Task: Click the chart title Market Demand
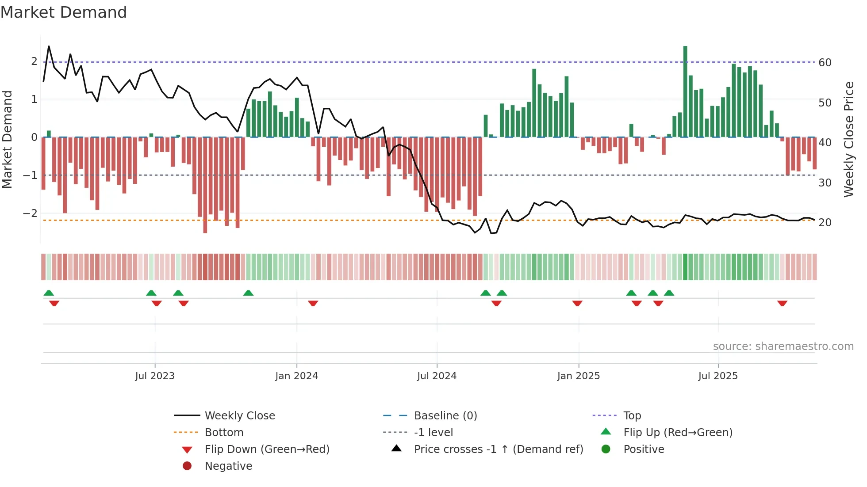[64, 12]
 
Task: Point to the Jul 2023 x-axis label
[155, 376]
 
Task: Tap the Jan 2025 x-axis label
[578, 376]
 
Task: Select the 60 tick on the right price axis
[825, 63]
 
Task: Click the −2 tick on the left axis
[31, 213]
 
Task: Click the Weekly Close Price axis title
[848, 139]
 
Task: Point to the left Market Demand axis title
[8, 139]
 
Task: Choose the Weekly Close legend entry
[239, 416]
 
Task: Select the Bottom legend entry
[224, 433]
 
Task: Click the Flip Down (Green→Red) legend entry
[267, 449]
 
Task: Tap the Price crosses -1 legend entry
[498, 449]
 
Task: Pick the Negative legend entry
[228, 466]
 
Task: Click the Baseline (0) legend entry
[445, 416]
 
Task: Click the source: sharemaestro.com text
[783, 346]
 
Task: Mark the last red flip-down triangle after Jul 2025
[782, 303]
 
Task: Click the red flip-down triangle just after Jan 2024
[313, 303]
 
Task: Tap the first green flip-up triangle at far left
[49, 293]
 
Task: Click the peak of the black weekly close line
[49, 46]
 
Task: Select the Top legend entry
[632, 416]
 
